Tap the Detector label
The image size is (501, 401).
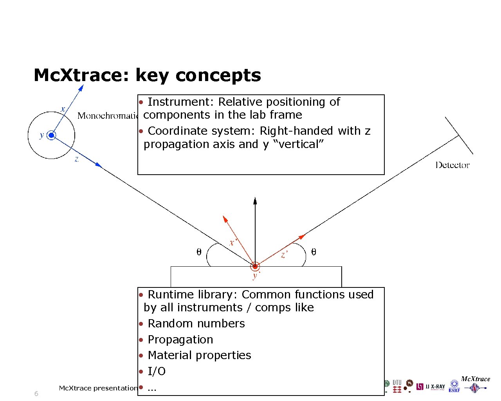click(x=452, y=165)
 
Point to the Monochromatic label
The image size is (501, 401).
click(x=108, y=116)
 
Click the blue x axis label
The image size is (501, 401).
click(x=63, y=108)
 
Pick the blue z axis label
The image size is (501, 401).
click(x=77, y=159)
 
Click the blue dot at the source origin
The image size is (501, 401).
click(x=51, y=135)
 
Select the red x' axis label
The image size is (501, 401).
click(x=233, y=243)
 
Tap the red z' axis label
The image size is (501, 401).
click(x=285, y=255)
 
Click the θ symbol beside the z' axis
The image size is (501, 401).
click(x=314, y=252)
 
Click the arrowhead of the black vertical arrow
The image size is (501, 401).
click(x=255, y=201)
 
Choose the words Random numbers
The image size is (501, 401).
click(x=196, y=323)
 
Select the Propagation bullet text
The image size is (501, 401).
click(x=180, y=340)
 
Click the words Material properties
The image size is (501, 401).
click(x=199, y=355)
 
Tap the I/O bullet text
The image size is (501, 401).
click(x=157, y=371)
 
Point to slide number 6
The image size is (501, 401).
click(x=36, y=394)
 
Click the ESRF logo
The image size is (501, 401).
click(x=454, y=386)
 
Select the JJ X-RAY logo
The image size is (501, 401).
click(x=431, y=387)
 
